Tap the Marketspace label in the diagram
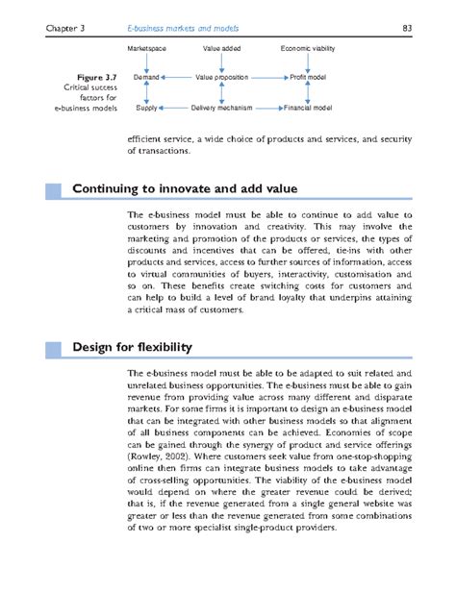tap(147, 47)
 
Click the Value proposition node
tap(221, 74)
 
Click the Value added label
tap(221, 47)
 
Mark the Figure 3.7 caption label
tap(94, 75)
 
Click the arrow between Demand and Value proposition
tap(177, 74)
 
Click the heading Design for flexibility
tap(133, 346)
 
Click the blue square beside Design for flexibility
tap(53, 346)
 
